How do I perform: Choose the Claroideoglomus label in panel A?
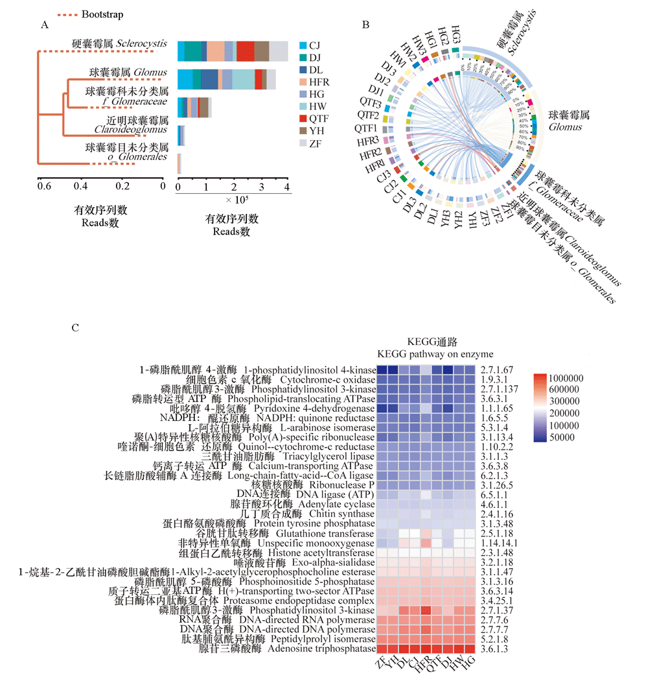(127, 130)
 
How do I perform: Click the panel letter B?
(366, 25)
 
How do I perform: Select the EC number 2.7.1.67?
(496, 369)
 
